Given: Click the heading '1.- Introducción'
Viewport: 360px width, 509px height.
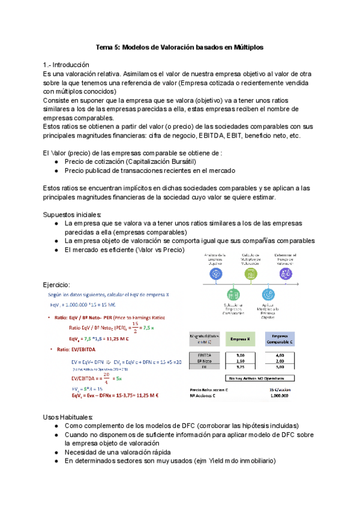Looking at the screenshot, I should pos(66,65).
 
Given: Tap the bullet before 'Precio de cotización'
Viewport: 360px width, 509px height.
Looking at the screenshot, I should pos(56,161).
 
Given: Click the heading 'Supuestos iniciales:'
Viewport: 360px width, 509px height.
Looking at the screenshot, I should pos(72,215).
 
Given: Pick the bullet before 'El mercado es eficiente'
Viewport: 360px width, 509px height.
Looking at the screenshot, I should pos(56,250).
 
